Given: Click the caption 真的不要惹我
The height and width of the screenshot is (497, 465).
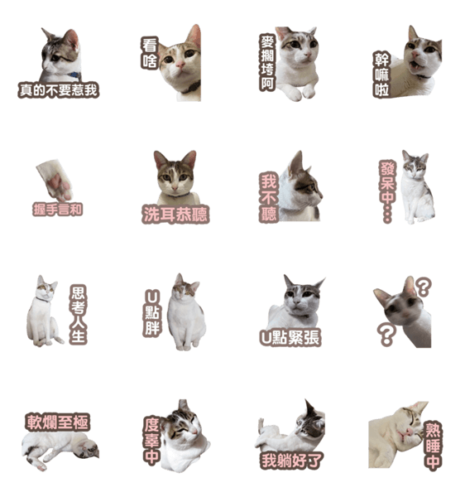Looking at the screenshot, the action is pos(58,90).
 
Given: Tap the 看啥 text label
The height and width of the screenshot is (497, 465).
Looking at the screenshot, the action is pos(150,53).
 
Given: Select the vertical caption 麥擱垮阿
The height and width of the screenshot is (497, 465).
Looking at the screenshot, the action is pos(267,62).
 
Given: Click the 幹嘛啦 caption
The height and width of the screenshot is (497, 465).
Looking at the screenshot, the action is pos(381,75).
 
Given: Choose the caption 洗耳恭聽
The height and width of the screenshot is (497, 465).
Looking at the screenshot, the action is pos(175,215).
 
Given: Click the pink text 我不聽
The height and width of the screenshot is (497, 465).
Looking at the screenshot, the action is pos(269,197).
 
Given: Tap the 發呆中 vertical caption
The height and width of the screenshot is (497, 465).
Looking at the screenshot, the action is pos(387,191).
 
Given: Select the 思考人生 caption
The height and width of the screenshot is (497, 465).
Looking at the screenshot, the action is pos(78,315).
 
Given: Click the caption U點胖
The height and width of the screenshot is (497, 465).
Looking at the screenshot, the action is pos(152,313).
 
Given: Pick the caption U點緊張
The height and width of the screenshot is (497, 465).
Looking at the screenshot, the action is pos(290,338).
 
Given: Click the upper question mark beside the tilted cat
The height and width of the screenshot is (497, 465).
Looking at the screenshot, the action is pos(424,287).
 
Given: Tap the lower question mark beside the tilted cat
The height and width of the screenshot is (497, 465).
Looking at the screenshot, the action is pos(387,334).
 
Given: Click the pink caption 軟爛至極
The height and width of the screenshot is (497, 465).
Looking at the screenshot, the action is pos(57,422).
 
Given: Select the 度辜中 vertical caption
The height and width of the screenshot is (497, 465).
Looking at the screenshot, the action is pos(152,441).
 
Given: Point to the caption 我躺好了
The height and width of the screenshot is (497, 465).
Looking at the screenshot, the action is pos(290,461).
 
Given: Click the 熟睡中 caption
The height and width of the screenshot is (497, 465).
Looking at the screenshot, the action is pos(433,446).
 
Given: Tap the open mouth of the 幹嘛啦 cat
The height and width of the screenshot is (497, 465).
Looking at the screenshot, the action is pos(415,66).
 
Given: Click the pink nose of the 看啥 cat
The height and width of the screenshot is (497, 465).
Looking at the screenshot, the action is pos(180,65).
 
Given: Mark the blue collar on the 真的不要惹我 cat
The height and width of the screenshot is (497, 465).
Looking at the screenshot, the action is pos(74,75).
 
